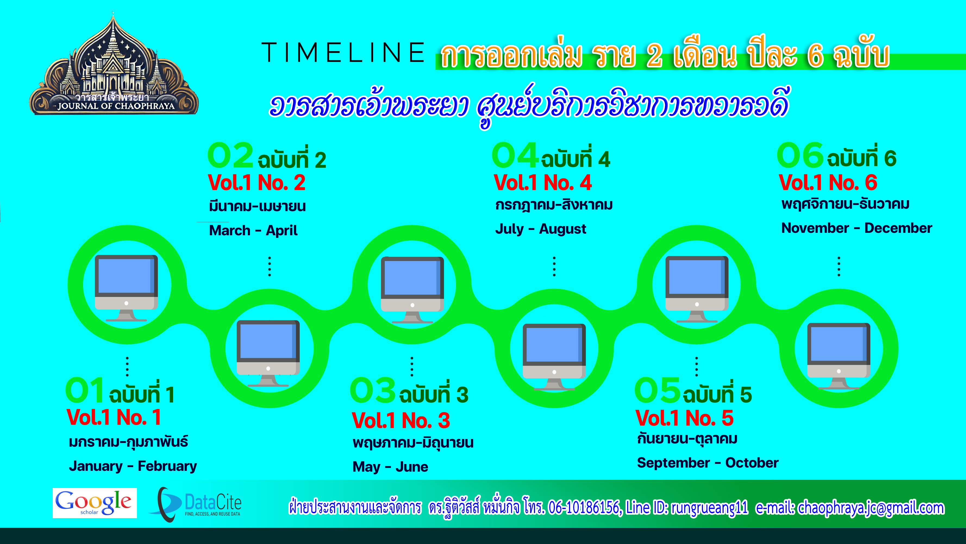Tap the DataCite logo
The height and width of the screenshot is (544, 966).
(x=196, y=504)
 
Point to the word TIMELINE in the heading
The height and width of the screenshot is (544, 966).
(x=343, y=52)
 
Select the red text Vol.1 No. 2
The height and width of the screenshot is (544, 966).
(x=257, y=183)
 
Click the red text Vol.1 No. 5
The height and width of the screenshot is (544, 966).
(x=684, y=418)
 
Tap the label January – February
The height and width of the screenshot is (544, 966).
(x=133, y=466)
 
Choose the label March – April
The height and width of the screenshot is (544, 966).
(x=253, y=230)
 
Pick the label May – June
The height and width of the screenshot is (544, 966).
(x=390, y=467)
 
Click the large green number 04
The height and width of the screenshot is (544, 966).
(x=515, y=155)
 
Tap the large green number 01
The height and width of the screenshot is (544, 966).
(x=85, y=390)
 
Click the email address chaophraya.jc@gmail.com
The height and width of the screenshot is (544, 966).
(x=870, y=508)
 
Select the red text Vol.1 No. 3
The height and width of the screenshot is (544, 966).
(x=401, y=421)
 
